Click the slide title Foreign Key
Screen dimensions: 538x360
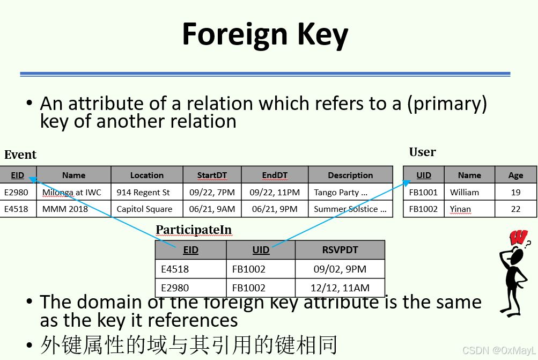[265, 34]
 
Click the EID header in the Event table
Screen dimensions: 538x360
[18, 175]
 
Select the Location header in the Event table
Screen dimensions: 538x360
[146, 175]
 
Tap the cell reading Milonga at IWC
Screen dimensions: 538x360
[71, 192]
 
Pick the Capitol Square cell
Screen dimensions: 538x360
[144, 209]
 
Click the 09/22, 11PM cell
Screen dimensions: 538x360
[275, 192]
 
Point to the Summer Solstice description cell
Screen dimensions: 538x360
[350, 209]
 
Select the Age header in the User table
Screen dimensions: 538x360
[515, 175]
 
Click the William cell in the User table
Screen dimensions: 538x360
[465, 192]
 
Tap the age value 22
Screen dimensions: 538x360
[515, 209]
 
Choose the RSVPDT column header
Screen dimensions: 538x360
[340, 249]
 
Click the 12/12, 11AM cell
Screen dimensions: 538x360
[340, 288]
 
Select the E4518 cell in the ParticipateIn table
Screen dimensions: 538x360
[175, 269]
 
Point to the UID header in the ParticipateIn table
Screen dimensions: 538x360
[261, 249]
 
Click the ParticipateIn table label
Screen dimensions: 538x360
[194, 230]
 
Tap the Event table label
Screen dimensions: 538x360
[20, 155]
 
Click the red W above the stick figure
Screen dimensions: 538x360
[518, 237]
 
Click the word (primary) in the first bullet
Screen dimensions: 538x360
[446, 103]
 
